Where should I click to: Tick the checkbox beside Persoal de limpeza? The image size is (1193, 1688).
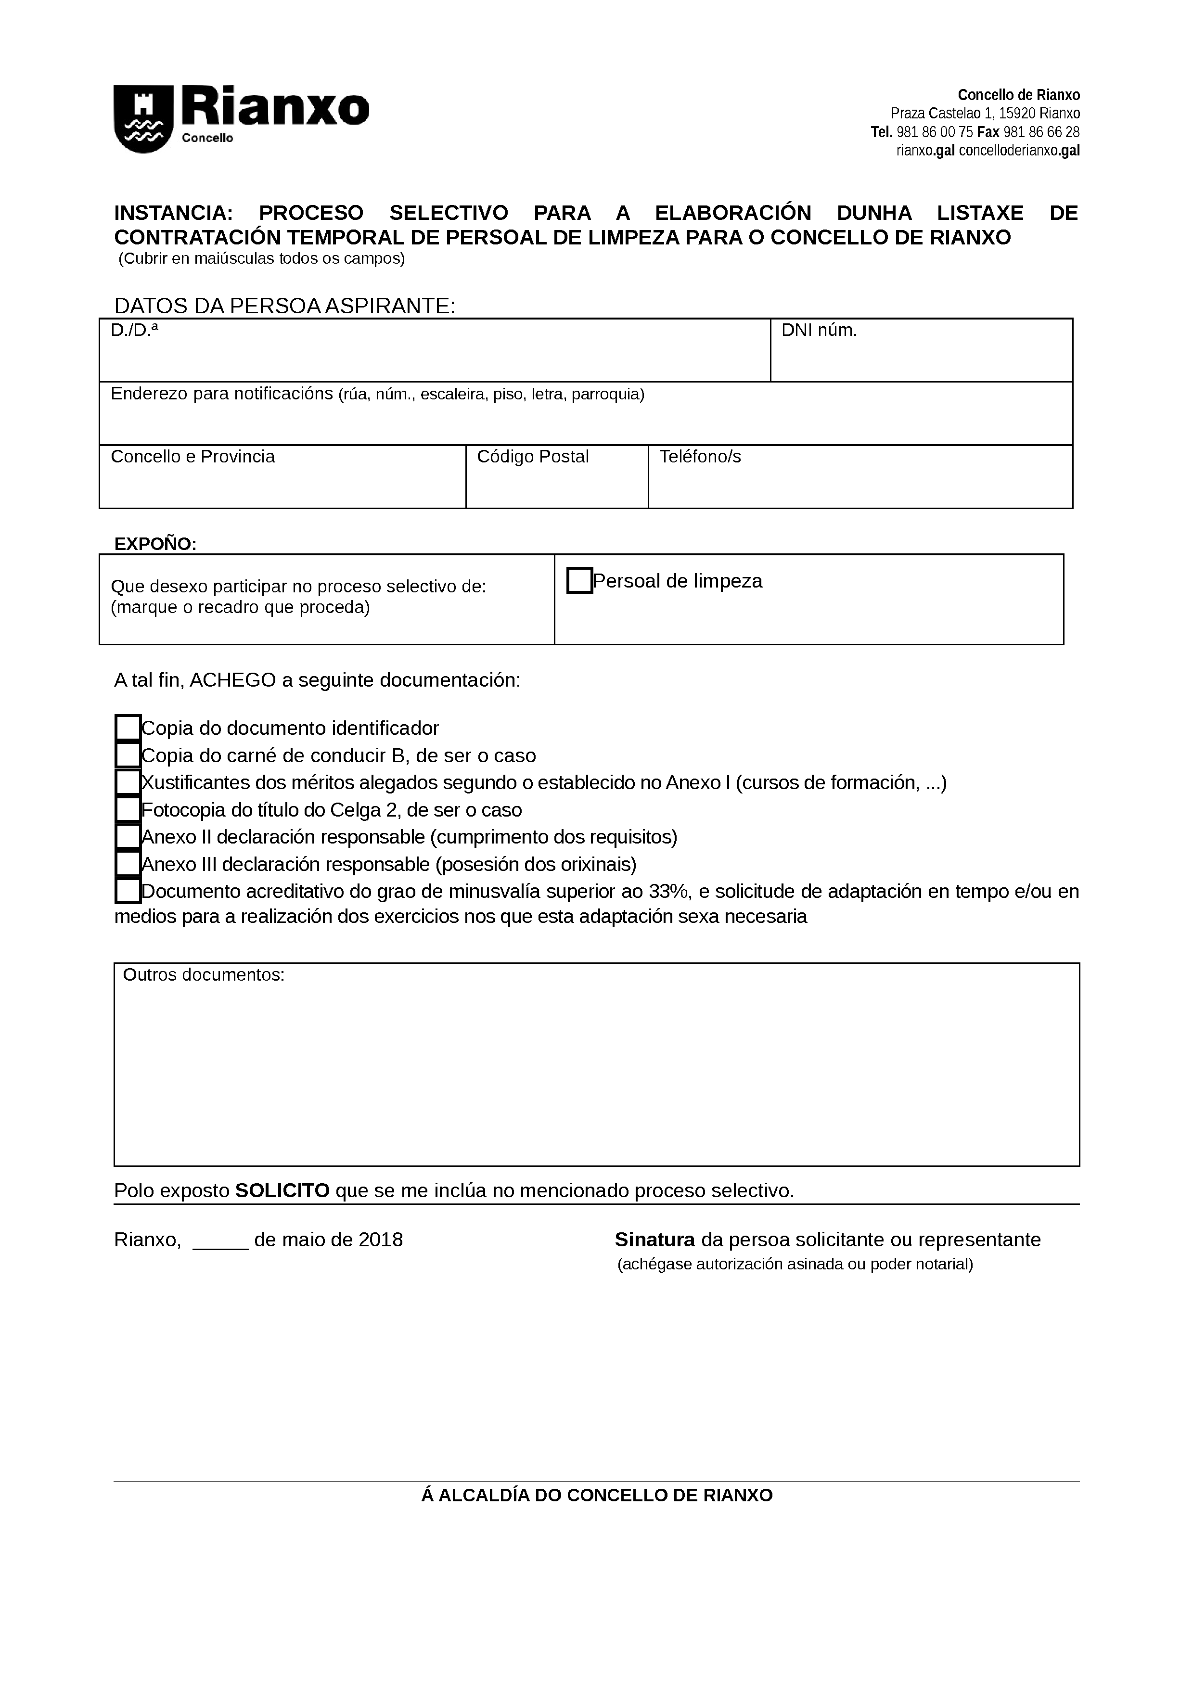(x=579, y=581)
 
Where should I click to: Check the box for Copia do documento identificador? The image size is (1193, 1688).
(x=128, y=728)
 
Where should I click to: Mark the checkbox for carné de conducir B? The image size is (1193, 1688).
(x=128, y=755)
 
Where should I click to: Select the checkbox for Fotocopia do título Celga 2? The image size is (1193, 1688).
(x=128, y=809)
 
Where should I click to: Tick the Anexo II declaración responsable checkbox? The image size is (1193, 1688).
(x=128, y=837)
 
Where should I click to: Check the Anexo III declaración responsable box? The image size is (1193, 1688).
(x=128, y=864)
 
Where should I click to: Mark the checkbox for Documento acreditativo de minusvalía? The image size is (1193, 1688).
(x=128, y=891)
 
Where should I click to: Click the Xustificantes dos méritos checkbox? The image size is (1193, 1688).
(x=128, y=782)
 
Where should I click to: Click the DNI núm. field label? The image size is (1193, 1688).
(x=819, y=331)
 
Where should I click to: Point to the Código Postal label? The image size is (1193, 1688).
(x=533, y=457)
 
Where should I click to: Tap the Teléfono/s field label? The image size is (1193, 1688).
(x=700, y=457)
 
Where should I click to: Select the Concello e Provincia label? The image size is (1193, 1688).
(x=192, y=457)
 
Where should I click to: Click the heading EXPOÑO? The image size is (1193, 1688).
(x=155, y=544)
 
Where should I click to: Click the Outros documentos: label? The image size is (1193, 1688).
(x=204, y=975)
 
